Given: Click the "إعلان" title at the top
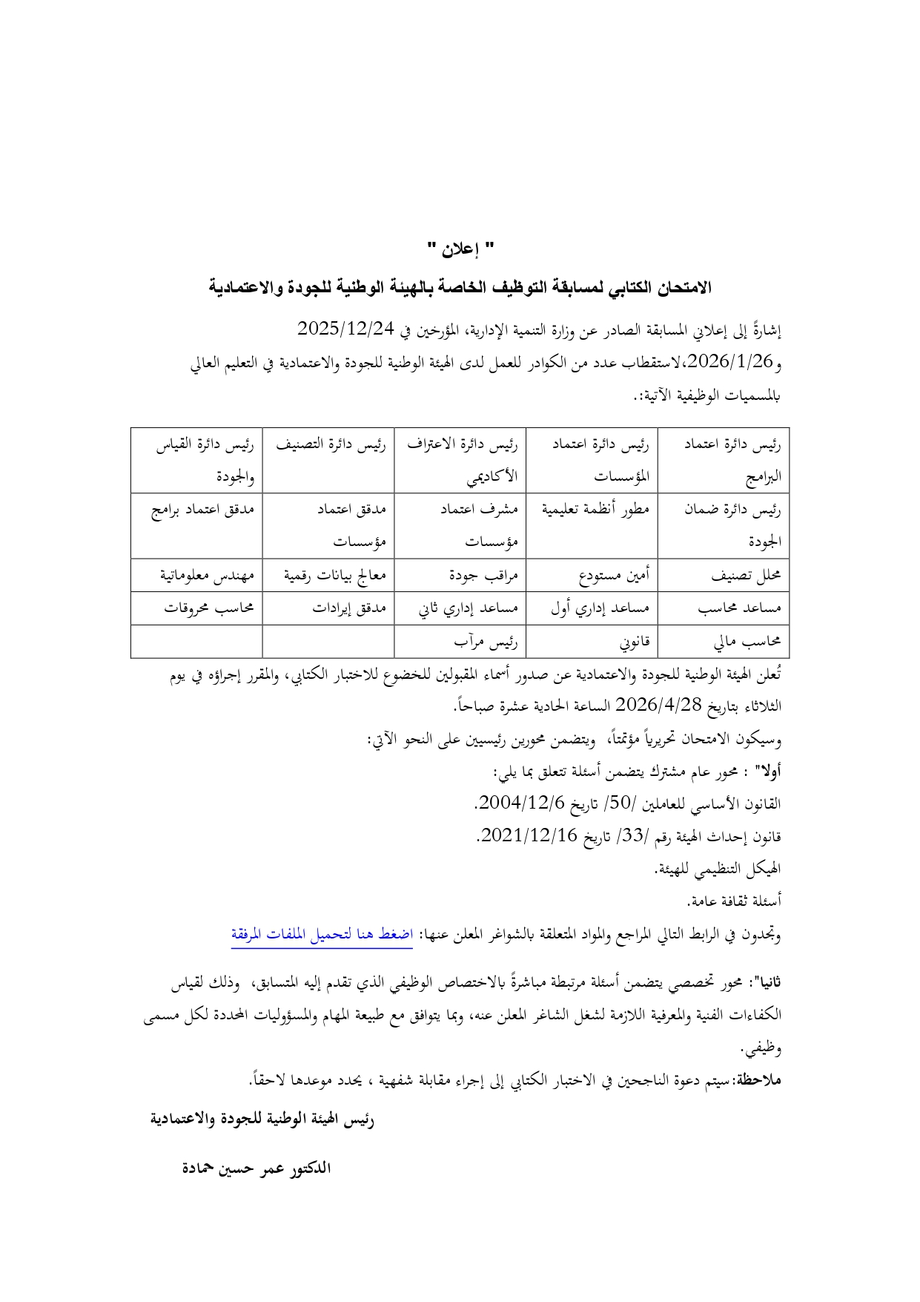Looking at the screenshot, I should tap(460, 249).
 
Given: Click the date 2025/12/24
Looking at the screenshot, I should tap(345, 327).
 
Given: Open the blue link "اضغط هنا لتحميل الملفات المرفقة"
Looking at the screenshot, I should tap(322, 935).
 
